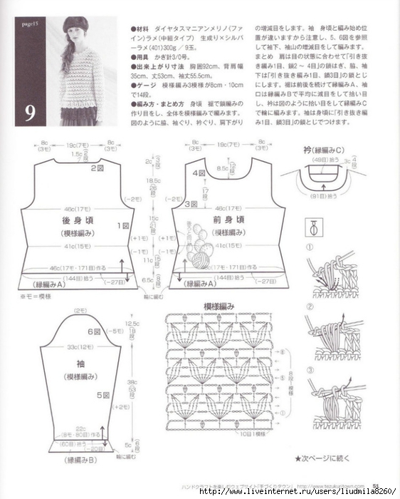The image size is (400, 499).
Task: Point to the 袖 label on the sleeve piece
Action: tap(72, 362)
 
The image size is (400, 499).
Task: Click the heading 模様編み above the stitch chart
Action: tap(219, 306)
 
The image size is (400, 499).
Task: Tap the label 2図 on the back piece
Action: tap(97, 168)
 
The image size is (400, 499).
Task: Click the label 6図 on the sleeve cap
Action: tap(93, 331)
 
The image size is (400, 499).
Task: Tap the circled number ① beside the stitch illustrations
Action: tap(310, 247)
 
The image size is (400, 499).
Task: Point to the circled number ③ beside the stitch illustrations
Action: tap(310, 370)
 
